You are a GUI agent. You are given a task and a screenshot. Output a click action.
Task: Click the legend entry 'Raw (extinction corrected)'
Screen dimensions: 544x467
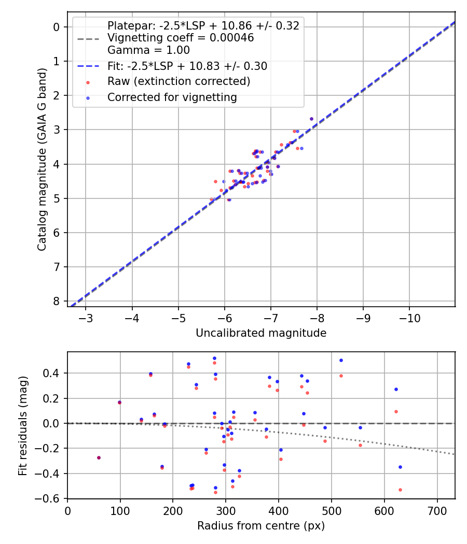click(178, 81)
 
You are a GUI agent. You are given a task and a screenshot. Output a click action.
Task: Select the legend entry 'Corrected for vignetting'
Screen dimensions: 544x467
click(172, 97)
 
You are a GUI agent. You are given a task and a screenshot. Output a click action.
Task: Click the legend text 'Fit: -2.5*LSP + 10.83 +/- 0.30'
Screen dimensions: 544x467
click(187, 66)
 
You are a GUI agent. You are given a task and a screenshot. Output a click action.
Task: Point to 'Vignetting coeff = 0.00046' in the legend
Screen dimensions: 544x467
click(181, 38)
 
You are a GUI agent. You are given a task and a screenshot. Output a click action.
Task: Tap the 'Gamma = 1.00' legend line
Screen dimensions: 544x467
click(148, 50)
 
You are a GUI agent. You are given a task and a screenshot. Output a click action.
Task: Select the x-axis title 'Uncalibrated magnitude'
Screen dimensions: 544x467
click(261, 333)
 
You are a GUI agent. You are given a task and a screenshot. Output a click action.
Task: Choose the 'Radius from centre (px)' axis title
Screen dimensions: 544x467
click(261, 526)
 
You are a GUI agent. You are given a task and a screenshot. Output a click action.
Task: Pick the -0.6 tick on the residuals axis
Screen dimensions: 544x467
click(51, 498)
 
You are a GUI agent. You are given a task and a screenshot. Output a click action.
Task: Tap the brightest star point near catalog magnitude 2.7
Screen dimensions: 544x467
click(311, 119)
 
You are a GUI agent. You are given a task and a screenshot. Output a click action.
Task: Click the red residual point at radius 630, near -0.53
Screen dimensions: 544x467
click(400, 490)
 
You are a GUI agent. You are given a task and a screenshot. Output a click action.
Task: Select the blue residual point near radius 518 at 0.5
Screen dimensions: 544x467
click(341, 360)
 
